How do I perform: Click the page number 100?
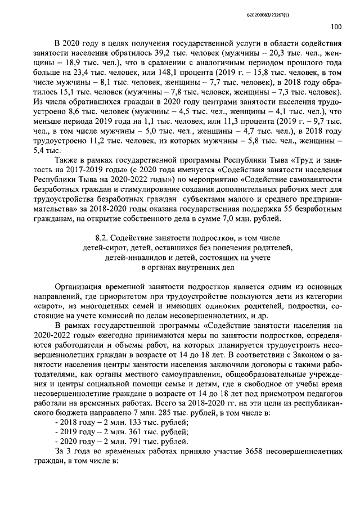336,26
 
